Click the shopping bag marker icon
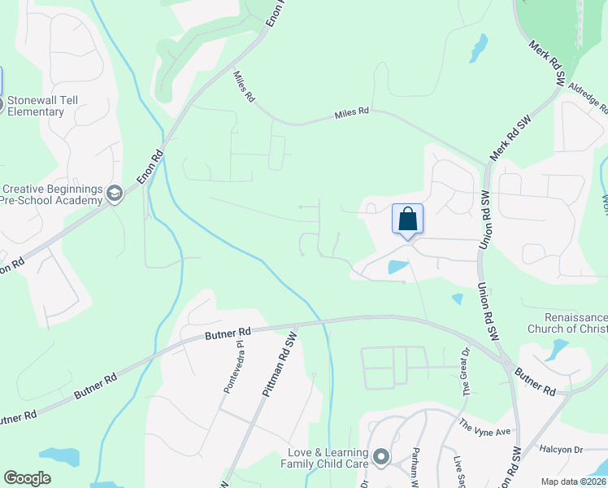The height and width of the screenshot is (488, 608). [x=407, y=220]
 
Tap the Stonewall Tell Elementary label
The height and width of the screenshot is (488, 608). [x=36, y=106]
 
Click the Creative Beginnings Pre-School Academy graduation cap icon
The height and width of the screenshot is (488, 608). [x=114, y=194]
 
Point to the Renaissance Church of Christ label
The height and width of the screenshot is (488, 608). [x=567, y=323]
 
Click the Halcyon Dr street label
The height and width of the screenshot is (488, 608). [x=561, y=449]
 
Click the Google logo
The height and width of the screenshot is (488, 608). [x=27, y=478]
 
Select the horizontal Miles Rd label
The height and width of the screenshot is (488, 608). [x=352, y=115]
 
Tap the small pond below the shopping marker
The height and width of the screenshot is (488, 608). [x=398, y=266]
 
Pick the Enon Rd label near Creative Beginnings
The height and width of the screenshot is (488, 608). [x=150, y=168]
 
